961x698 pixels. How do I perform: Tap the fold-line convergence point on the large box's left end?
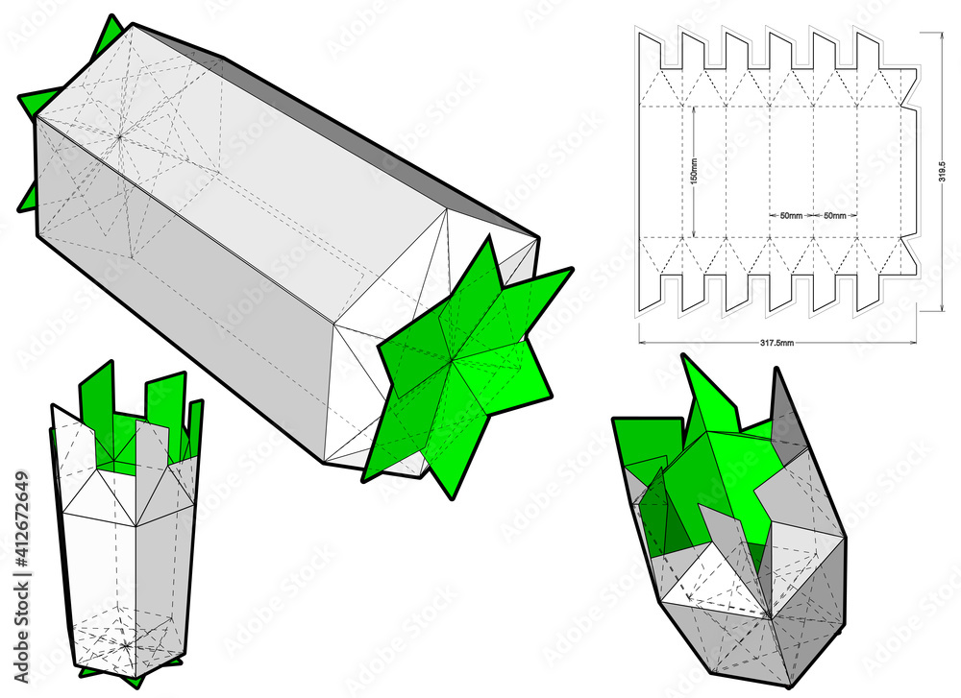(119, 137)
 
